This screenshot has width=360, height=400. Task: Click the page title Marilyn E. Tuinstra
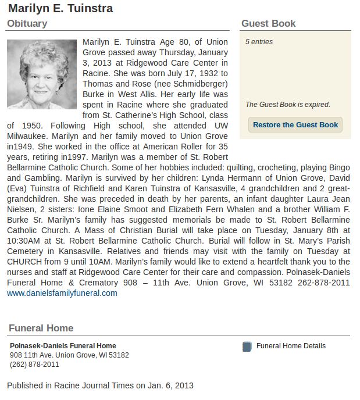tap(60, 8)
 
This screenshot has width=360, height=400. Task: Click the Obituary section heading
tap(27, 24)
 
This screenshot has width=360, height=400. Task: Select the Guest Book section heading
tap(268, 24)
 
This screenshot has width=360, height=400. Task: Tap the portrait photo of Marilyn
tap(42, 74)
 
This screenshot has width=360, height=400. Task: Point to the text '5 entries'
tap(259, 42)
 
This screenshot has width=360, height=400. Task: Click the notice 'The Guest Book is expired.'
tap(287, 105)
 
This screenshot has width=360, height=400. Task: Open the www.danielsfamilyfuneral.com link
tap(62, 293)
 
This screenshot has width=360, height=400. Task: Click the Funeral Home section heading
tap(41, 328)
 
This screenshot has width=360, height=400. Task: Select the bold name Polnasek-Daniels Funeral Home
tap(63, 346)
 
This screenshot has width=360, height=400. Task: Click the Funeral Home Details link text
tap(291, 346)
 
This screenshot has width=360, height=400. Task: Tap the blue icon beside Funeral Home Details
tap(247, 347)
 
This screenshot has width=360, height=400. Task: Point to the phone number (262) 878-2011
tap(34, 365)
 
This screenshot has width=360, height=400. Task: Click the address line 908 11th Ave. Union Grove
tap(69, 355)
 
